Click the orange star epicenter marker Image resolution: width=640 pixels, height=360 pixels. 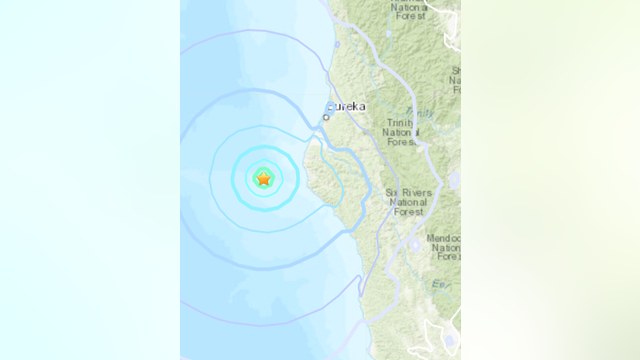263,178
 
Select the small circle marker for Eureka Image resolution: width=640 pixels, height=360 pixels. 326,117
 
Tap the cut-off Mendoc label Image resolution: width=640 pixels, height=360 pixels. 444,238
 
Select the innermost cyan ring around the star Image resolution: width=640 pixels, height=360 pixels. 263,165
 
